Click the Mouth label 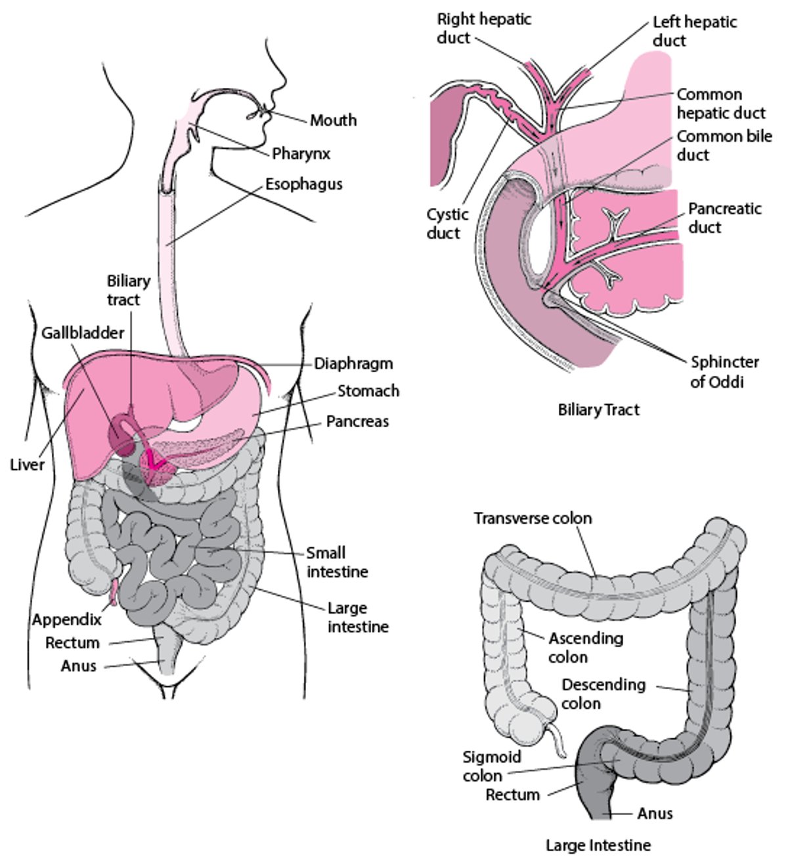333,120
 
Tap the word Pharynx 301,154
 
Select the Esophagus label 303,184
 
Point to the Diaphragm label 353,364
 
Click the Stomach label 368,391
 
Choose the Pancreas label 357,421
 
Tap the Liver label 27,465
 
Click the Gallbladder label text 83,333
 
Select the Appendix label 67,619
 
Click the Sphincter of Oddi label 724,371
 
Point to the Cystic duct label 447,224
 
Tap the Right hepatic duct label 484,28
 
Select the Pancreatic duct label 724,218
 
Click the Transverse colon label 533,518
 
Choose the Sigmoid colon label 491,766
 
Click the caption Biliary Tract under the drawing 598,410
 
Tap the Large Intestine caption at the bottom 598,845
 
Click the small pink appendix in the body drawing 113,592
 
